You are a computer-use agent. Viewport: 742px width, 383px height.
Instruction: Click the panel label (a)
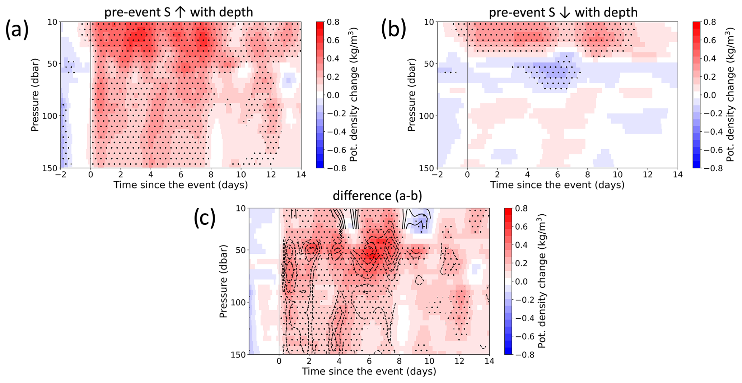coord(17,29)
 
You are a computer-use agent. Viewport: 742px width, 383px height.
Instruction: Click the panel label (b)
coord(393,29)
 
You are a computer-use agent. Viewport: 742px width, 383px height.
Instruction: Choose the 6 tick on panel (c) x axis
coord(369,361)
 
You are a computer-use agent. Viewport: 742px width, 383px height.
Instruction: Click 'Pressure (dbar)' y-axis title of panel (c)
coord(223,281)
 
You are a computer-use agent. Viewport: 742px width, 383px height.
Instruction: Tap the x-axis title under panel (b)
coord(557,185)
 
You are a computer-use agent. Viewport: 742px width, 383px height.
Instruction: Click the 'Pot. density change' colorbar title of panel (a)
coord(354,95)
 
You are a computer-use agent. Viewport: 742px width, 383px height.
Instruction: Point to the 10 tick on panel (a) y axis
coord(52,22)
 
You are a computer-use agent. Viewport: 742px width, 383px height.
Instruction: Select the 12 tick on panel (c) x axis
coord(459,361)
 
